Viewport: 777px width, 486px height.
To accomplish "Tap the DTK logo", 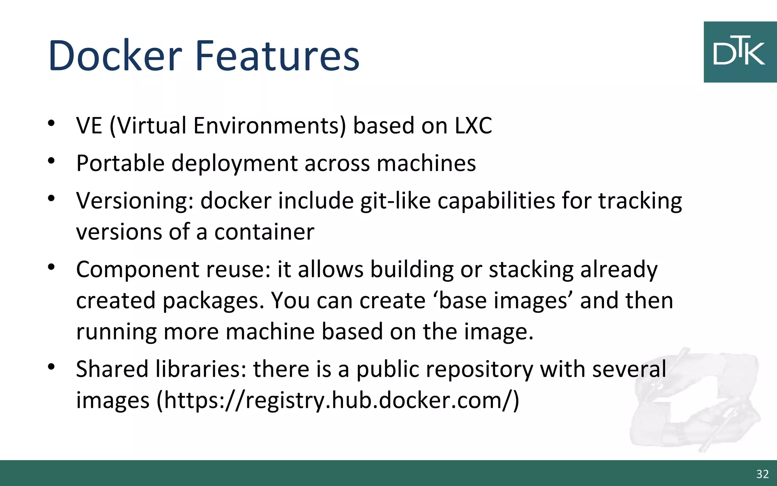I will [x=740, y=52].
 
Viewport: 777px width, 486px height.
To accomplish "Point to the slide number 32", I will [x=762, y=474].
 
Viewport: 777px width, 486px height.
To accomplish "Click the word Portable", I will [x=120, y=163].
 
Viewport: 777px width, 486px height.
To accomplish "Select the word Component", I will [x=138, y=270].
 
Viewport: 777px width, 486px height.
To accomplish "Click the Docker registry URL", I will [x=338, y=401].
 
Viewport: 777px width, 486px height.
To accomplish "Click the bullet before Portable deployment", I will [x=52, y=161].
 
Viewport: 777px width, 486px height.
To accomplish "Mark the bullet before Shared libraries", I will [x=52, y=367].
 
